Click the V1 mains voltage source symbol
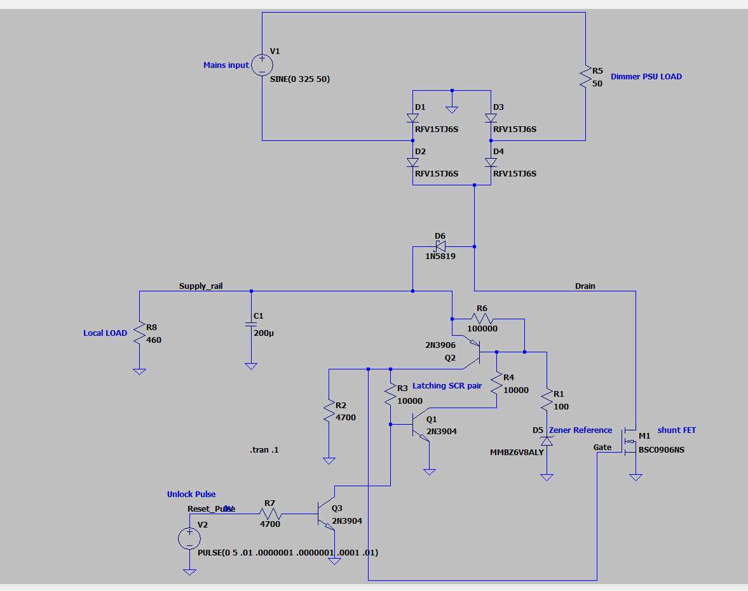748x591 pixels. click(262, 65)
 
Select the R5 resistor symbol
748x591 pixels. click(585, 78)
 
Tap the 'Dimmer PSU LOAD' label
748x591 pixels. click(646, 77)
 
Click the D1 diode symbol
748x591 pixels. click(412, 118)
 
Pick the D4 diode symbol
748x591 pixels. click(491, 163)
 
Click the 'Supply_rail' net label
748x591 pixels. click(201, 286)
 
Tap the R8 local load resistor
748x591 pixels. click(139, 335)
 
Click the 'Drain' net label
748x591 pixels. click(585, 286)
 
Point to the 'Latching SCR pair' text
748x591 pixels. click(447, 386)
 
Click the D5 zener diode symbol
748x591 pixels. click(546, 441)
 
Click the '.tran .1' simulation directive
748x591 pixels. click(264, 450)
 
